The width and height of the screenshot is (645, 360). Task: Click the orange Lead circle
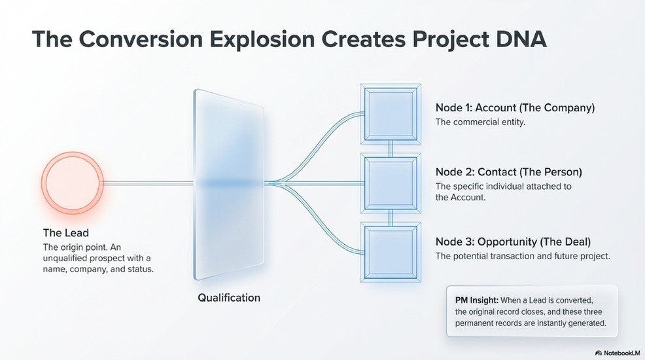pyautogui.click(x=73, y=183)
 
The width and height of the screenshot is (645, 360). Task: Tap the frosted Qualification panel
pyautogui.click(x=229, y=185)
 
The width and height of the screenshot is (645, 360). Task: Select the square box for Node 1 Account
pyautogui.click(x=391, y=114)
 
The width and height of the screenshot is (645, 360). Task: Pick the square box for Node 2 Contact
pyautogui.click(x=391, y=183)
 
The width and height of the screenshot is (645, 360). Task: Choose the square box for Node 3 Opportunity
pyautogui.click(x=391, y=252)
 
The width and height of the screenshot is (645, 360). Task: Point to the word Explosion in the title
pyautogui.click(x=262, y=39)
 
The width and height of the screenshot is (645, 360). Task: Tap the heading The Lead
pyautogui.click(x=66, y=233)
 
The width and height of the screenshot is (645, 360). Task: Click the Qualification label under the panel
pyautogui.click(x=229, y=297)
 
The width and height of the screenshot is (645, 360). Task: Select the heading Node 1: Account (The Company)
pyautogui.click(x=515, y=108)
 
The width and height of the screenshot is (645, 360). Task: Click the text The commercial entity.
pyautogui.click(x=480, y=122)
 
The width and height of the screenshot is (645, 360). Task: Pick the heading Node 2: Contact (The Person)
pyautogui.click(x=509, y=172)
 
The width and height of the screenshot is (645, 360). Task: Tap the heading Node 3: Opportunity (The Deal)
pyautogui.click(x=514, y=242)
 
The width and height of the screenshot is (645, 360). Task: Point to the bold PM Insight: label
pyautogui.click(x=477, y=300)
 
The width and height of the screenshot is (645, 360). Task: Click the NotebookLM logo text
pyautogui.click(x=618, y=353)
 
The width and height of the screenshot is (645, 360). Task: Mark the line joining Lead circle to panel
pyautogui.click(x=148, y=183)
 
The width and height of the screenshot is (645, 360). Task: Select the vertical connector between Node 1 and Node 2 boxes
pyautogui.click(x=391, y=149)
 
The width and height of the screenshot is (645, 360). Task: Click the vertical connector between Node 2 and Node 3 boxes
pyautogui.click(x=391, y=218)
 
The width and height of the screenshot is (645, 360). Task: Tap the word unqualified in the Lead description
pyautogui.click(x=65, y=259)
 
